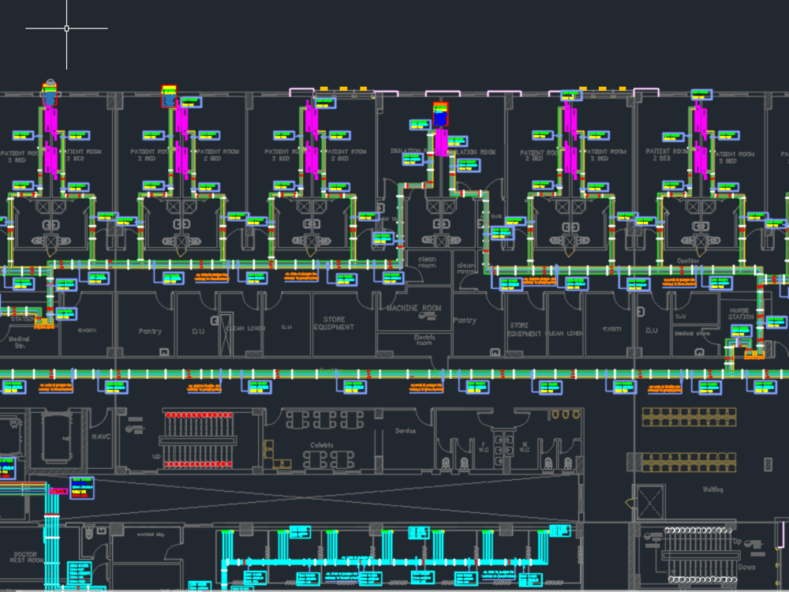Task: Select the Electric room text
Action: [424, 339]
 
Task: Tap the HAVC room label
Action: [102, 436]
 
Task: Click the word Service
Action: [406, 431]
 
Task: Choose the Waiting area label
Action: [712, 489]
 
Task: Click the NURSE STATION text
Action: [740, 313]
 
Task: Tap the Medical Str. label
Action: [18, 342]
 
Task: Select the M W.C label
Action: [524, 448]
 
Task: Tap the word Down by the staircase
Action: [746, 567]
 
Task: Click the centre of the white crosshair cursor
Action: [66, 28]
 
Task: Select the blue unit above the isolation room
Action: [440, 117]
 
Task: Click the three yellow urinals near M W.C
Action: [564, 414]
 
